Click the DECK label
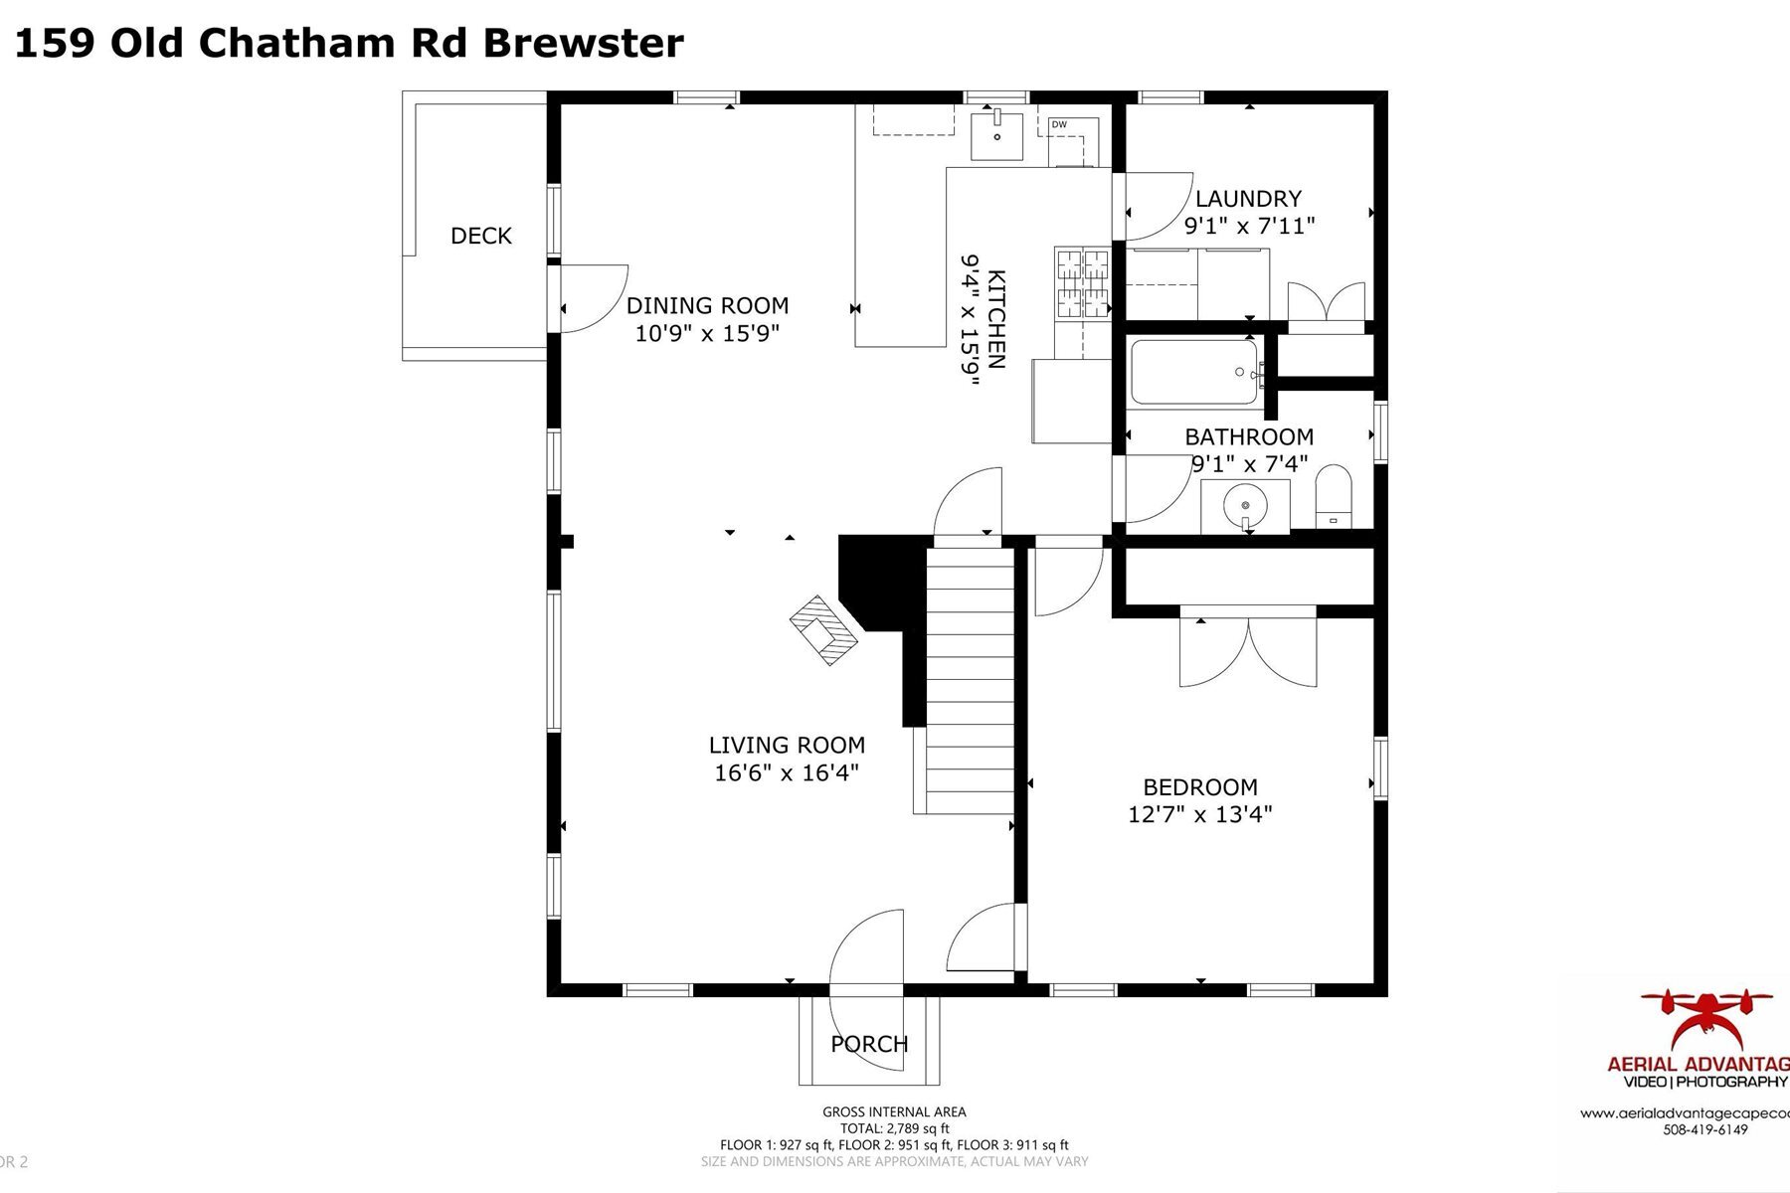(x=481, y=236)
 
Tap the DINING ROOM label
(x=707, y=305)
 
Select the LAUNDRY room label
(x=1248, y=199)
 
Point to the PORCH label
(x=869, y=1044)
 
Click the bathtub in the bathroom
(x=1194, y=372)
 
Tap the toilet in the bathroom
(x=1334, y=497)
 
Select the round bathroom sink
(x=1245, y=505)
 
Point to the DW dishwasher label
(x=1059, y=124)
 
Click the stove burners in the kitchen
(x=1082, y=283)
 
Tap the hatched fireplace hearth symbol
(x=823, y=629)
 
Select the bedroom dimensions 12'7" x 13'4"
(x=1200, y=814)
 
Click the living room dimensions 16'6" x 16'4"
(x=787, y=772)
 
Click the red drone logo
(x=1706, y=1019)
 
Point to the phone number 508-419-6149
(x=1705, y=1129)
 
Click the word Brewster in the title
(x=584, y=44)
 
